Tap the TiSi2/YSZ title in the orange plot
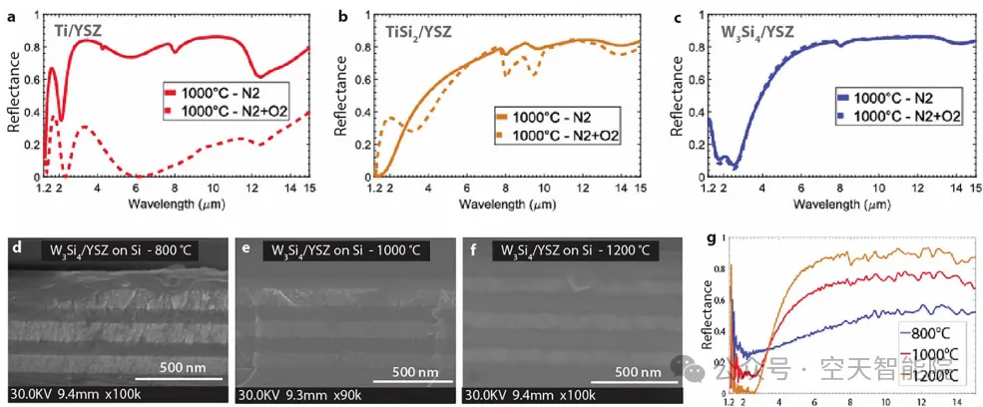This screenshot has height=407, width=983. tap(420, 31)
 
